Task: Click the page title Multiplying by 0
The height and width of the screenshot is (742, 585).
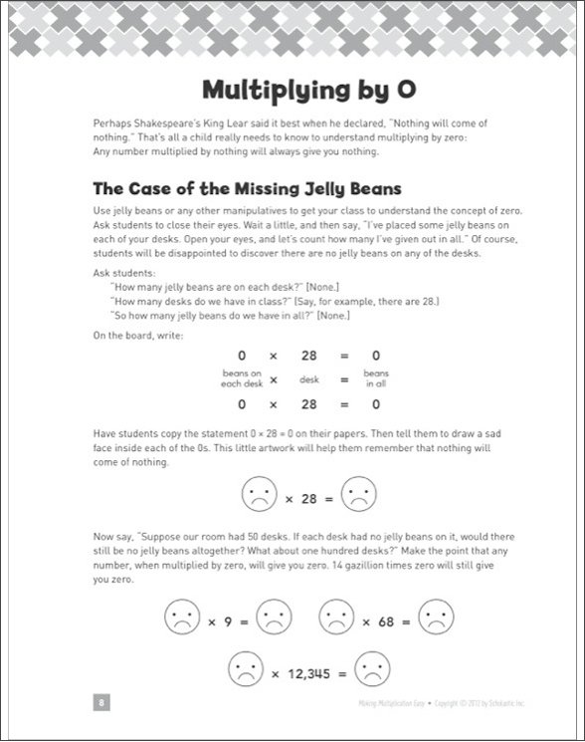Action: (309, 90)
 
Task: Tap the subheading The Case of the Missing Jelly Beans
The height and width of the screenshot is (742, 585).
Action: (247, 189)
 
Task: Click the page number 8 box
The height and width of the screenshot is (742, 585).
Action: (101, 702)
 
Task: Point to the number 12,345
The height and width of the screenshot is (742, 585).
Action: (309, 673)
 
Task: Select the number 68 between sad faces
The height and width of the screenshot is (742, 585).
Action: (386, 621)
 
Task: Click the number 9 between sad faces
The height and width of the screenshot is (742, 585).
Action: (228, 621)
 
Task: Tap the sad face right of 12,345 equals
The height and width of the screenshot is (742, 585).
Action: (372, 668)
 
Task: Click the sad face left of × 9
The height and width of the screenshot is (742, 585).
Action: (182, 617)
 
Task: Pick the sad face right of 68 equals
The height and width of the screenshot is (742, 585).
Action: (436, 617)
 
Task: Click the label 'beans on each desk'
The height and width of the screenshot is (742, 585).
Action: (242, 378)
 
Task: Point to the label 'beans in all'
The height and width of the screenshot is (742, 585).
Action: (376, 378)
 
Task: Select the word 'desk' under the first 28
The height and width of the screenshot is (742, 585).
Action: (309, 379)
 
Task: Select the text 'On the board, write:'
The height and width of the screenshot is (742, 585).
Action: (138, 336)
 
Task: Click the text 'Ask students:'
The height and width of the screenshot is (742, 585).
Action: (124, 273)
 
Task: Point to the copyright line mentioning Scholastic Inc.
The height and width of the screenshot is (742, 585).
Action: (442, 703)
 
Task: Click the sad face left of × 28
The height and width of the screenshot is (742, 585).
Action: (259, 494)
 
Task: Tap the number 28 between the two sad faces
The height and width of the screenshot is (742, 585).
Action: (309, 499)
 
